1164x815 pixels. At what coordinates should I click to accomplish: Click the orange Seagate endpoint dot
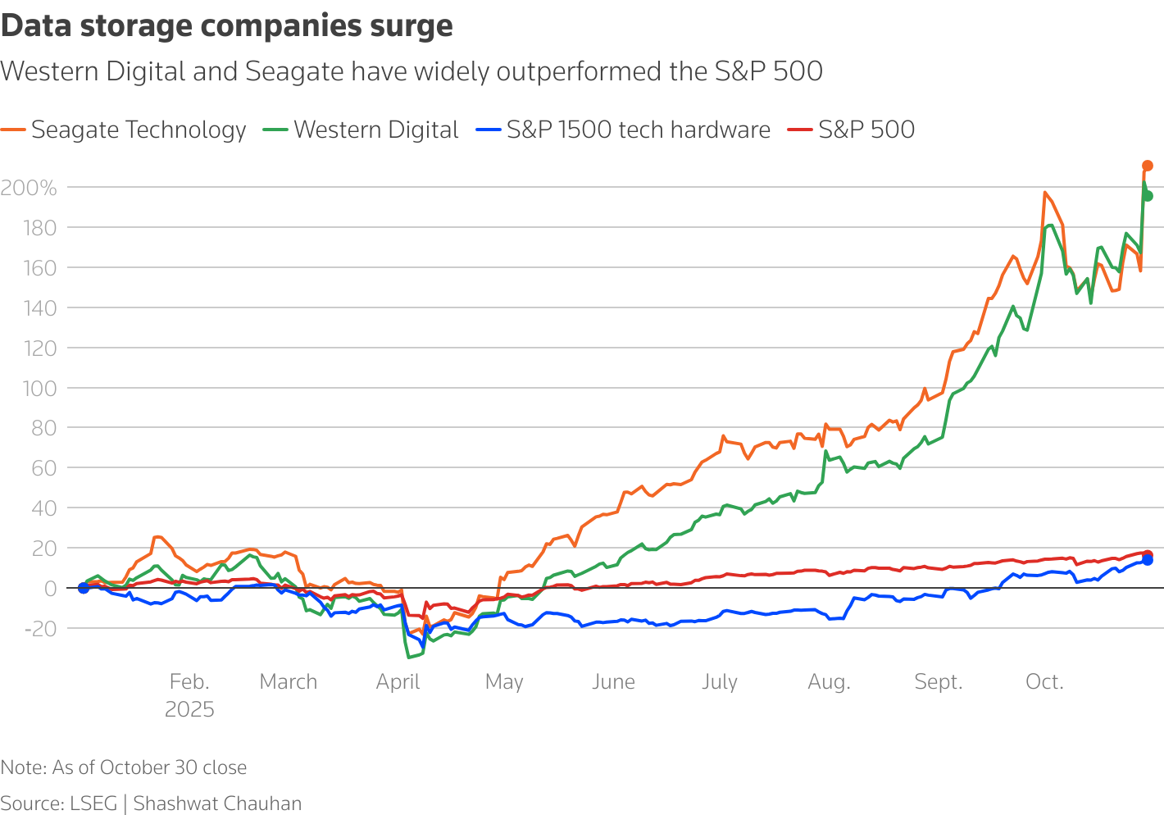point(1148,166)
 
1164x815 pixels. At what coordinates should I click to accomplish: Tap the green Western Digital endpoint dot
point(1148,196)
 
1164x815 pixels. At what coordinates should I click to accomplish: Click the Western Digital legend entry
point(361,130)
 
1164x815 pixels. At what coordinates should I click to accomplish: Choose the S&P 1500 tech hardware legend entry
point(623,130)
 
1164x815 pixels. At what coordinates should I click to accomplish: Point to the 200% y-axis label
point(29,189)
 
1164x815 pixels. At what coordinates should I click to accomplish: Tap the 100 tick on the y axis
point(39,388)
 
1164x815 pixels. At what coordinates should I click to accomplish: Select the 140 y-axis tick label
point(39,308)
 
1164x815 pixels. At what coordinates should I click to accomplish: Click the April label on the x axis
point(398,682)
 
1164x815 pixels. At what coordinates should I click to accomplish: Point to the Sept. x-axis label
point(939,682)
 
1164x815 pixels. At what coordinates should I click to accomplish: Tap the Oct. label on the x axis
point(1044,682)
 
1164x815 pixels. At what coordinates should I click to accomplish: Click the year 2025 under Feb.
point(189,710)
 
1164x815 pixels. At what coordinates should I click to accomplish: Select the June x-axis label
point(613,682)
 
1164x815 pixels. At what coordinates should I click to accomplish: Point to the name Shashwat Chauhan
point(217,804)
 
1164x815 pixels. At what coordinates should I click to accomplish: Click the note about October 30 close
point(124,767)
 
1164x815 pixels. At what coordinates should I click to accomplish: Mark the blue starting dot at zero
point(83,588)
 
